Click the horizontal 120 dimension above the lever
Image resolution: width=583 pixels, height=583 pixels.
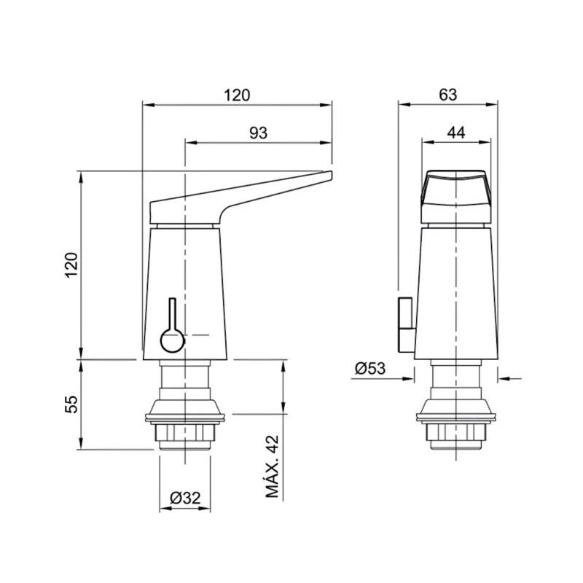[x=237, y=95]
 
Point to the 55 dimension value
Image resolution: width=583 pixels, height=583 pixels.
[x=71, y=405]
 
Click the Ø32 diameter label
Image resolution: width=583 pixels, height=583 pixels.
[x=185, y=498]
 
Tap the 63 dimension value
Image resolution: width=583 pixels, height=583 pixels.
[x=448, y=95]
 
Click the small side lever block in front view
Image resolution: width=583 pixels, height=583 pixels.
[x=405, y=321]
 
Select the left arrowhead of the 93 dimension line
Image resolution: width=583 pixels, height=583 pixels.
[x=190, y=142]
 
